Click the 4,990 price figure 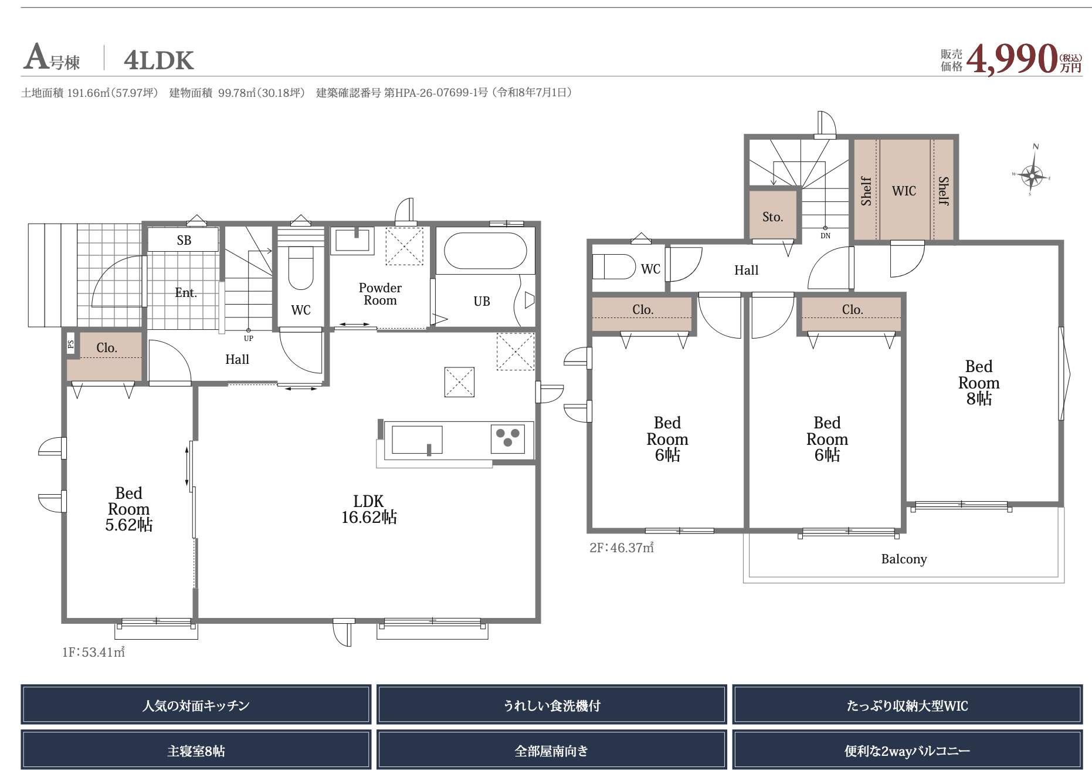click(x=1011, y=59)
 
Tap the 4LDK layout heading click(x=158, y=60)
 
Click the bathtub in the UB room click(x=485, y=251)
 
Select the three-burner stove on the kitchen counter click(x=507, y=438)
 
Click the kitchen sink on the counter click(x=417, y=440)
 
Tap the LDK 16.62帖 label click(x=369, y=509)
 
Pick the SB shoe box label click(x=184, y=240)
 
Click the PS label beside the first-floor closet click(x=71, y=344)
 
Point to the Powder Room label click(x=380, y=294)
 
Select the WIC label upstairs click(x=904, y=191)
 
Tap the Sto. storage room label click(x=772, y=217)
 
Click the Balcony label click(x=904, y=559)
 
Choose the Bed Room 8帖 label click(x=979, y=383)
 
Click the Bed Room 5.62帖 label click(x=129, y=509)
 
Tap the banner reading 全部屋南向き click(x=551, y=751)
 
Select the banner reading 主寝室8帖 click(x=196, y=751)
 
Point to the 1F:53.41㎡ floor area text click(x=94, y=652)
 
